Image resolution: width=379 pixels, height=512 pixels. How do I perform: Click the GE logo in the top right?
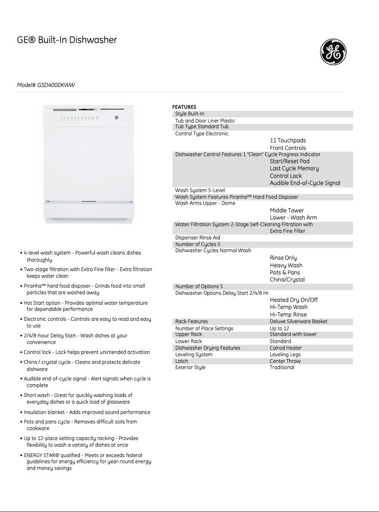point(333,52)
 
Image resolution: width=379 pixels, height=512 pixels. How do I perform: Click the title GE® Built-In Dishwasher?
point(67,40)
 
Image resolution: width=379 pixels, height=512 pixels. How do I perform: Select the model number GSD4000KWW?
point(46,85)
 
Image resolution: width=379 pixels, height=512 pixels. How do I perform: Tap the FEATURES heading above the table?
point(184,107)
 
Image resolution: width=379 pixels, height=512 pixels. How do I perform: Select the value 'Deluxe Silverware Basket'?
point(298,322)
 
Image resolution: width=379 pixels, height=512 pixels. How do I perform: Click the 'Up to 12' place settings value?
point(279,328)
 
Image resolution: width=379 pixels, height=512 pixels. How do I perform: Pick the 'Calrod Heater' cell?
point(285,348)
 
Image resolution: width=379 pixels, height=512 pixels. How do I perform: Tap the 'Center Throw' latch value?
point(285,361)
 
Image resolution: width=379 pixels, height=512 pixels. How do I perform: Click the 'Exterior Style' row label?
point(190,367)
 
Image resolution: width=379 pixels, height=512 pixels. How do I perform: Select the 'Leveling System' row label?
point(194,354)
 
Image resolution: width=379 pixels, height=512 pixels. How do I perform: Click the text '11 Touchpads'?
point(288,141)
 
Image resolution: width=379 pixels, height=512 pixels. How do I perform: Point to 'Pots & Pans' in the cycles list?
point(284,273)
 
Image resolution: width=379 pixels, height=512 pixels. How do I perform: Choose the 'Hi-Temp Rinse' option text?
point(288,315)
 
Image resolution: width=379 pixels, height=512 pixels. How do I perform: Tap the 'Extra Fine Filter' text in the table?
point(287,231)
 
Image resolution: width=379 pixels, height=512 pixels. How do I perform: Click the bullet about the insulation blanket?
point(87,412)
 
